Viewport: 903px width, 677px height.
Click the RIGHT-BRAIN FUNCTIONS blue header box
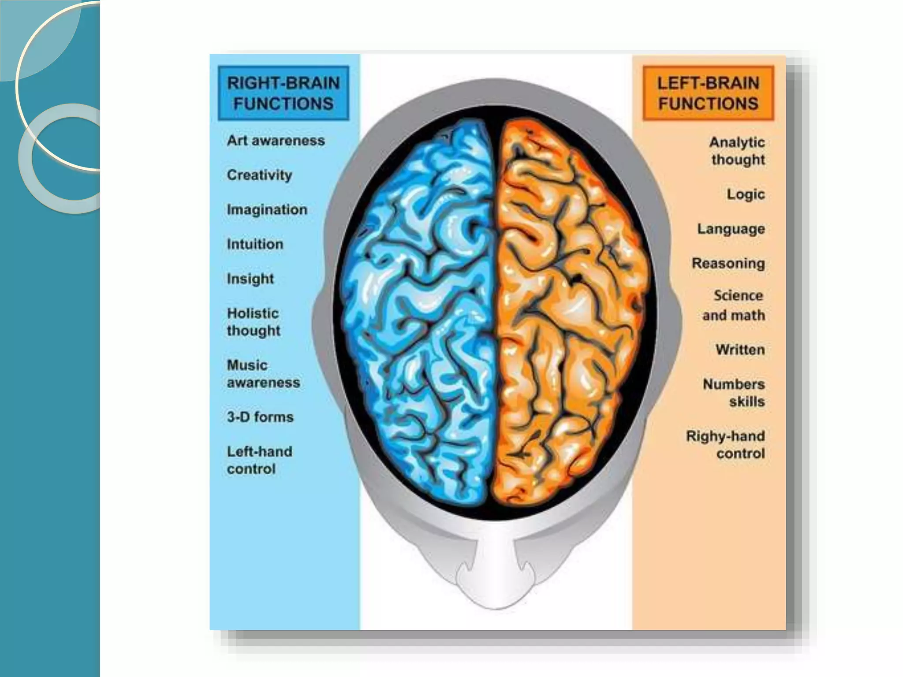click(284, 93)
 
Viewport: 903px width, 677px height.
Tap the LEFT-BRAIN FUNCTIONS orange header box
click(708, 93)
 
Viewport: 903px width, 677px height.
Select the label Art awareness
click(276, 141)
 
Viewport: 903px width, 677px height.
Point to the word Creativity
click(259, 175)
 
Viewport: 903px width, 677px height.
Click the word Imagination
click(267, 209)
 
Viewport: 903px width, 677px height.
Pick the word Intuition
click(255, 244)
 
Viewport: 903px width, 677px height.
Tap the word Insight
click(250, 279)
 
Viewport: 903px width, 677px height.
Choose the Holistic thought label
click(254, 322)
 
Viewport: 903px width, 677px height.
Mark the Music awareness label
click(263, 374)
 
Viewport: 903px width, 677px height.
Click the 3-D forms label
click(260, 417)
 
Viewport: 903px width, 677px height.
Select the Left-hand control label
click(259, 460)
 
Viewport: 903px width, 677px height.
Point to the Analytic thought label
click(737, 151)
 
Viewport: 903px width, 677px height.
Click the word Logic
click(746, 194)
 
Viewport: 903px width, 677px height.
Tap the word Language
click(731, 229)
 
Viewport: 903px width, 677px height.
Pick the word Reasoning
click(728, 264)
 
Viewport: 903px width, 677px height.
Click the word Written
click(740, 350)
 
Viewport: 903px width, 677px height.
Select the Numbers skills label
click(734, 393)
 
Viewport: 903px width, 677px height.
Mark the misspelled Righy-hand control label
click(726, 445)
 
